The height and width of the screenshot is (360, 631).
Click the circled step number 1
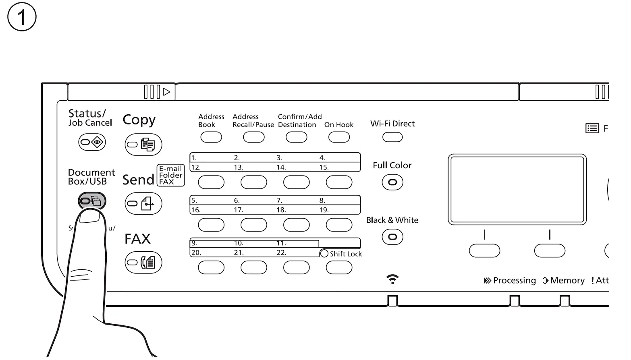click(x=22, y=17)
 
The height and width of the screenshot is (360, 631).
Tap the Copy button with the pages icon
click(x=143, y=145)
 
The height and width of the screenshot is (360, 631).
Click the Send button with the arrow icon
click(x=143, y=203)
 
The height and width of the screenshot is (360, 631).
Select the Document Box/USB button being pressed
click(x=92, y=201)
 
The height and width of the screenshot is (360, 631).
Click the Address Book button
click(x=211, y=137)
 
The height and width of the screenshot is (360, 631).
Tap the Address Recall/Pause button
click(x=254, y=137)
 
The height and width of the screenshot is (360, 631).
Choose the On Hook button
click(x=339, y=137)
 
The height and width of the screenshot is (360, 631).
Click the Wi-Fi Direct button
click(x=392, y=137)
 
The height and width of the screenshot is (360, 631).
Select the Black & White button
click(x=392, y=237)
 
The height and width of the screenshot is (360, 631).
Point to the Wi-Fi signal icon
click(x=392, y=279)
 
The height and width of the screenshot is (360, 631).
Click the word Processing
click(x=514, y=281)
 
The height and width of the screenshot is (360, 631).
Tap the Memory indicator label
click(x=567, y=281)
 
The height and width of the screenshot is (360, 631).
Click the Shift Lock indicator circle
click(x=324, y=254)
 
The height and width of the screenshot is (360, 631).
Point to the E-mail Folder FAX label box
click(x=170, y=175)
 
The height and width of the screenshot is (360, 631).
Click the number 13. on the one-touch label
click(x=239, y=168)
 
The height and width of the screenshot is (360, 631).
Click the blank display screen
click(x=517, y=189)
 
